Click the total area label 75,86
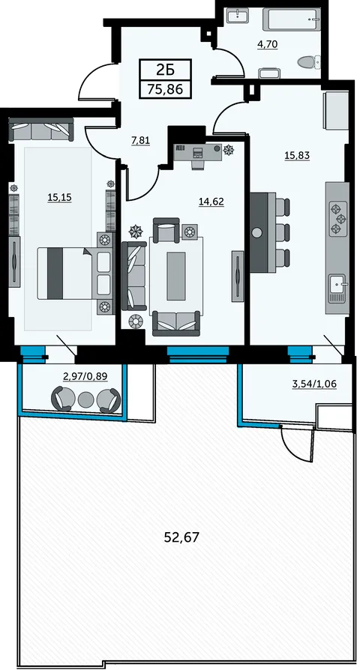click(x=165, y=89)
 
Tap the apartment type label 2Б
click(x=165, y=69)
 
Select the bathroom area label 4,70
click(x=268, y=44)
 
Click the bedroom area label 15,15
click(x=59, y=197)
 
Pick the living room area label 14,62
click(x=211, y=202)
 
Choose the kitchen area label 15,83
click(x=297, y=156)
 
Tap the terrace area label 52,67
click(x=181, y=537)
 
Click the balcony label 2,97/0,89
click(x=85, y=376)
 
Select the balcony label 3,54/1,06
click(x=314, y=384)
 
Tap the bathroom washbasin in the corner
click(x=235, y=16)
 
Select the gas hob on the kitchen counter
click(x=338, y=219)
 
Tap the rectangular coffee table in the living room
click(x=176, y=276)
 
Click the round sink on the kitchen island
click(x=257, y=232)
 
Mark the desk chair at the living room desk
click(x=198, y=163)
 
